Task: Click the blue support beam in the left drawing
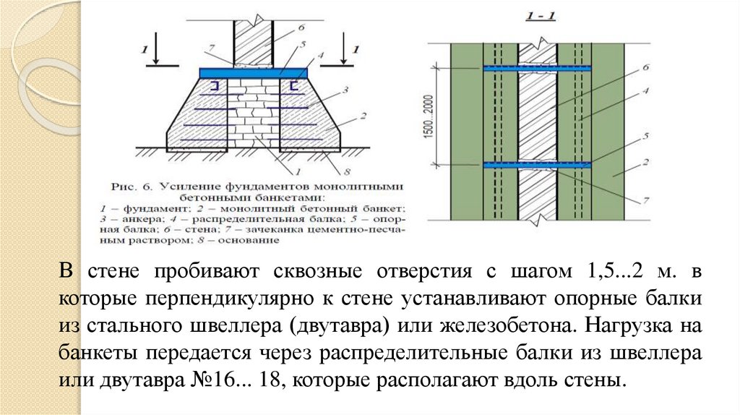[254, 73]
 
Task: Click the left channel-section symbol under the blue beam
[215, 87]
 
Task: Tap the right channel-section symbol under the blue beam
[293, 87]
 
